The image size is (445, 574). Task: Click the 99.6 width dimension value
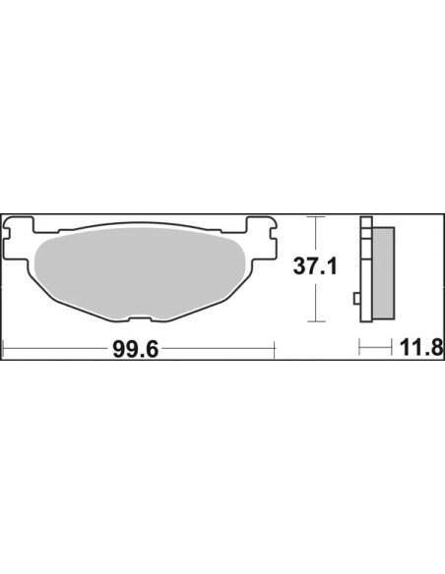(x=136, y=349)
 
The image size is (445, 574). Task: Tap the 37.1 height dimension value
(x=315, y=266)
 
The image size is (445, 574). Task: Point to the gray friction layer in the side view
(x=383, y=272)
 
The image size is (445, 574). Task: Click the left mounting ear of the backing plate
(x=18, y=238)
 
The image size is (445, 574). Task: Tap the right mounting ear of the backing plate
(x=261, y=238)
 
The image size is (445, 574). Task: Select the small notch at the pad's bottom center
(x=140, y=318)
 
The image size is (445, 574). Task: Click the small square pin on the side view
(x=356, y=299)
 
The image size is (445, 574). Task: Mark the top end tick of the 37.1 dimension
(x=316, y=216)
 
